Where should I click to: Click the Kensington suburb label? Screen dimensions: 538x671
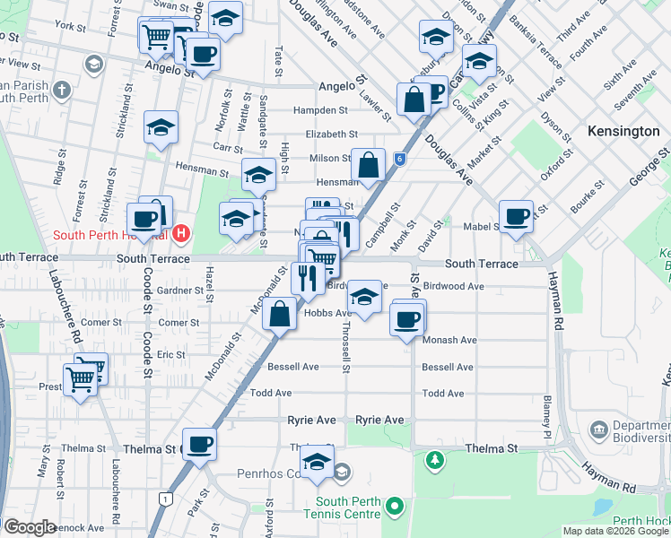tap(623, 131)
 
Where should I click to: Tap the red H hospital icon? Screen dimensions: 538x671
tap(181, 234)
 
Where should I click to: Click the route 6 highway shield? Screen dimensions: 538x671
tap(399, 159)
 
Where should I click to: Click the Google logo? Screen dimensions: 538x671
tap(29, 527)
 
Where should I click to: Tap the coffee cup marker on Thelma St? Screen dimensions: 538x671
tap(199, 443)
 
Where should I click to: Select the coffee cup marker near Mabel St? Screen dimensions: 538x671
tap(516, 216)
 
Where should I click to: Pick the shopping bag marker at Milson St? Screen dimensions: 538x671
tap(368, 165)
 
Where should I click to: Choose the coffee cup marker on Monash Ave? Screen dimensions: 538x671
tap(407, 318)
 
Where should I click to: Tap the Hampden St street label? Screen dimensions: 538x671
tap(325, 110)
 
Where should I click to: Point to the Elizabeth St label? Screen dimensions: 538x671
tap(331, 134)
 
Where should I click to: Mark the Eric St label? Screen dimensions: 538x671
tap(170, 355)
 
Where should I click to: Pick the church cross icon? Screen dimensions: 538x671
tap(62, 90)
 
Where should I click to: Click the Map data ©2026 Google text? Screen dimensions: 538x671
tap(615, 531)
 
